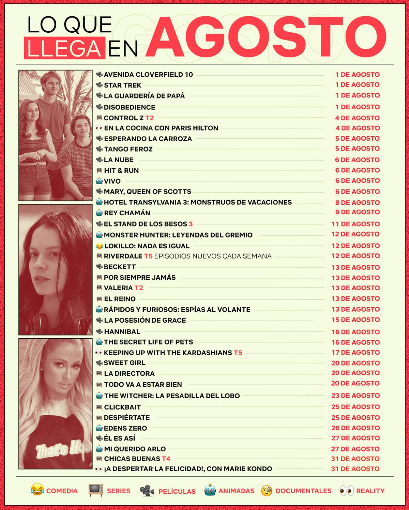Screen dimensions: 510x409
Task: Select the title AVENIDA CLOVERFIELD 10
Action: [x=148, y=75]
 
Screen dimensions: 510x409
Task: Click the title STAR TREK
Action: [x=122, y=85]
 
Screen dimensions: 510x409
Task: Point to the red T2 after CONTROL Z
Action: [x=149, y=118]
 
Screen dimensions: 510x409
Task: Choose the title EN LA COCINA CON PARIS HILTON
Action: [x=161, y=128]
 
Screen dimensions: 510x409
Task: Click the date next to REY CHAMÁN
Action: [x=357, y=212]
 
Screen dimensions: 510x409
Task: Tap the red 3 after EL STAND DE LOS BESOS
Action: [x=191, y=224]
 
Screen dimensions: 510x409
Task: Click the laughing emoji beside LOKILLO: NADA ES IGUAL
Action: [x=99, y=246]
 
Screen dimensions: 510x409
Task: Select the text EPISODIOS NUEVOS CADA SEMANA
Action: [x=213, y=256]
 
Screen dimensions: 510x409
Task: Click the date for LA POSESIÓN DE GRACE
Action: [x=355, y=320]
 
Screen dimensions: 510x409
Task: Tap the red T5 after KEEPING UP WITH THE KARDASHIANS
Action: [x=238, y=353]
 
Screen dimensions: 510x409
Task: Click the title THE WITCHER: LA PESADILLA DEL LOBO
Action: [x=172, y=396]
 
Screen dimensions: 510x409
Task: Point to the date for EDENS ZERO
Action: [x=355, y=428]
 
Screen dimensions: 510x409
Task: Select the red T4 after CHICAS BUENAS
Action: [x=166, y=459]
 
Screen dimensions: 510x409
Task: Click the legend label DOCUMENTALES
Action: [x=303, y=491]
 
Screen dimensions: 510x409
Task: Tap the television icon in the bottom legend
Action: [x=95, y=490]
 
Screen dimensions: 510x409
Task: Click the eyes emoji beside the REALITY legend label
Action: [x=347, y=491]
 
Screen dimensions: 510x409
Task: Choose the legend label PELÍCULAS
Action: [x=177, y=491]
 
